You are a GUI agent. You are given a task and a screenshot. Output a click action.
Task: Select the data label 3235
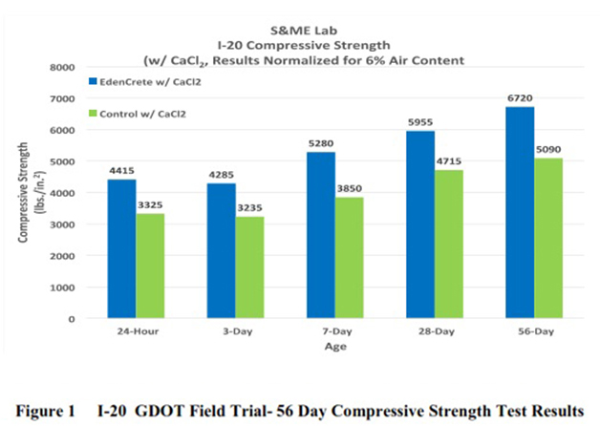[251, 208]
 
